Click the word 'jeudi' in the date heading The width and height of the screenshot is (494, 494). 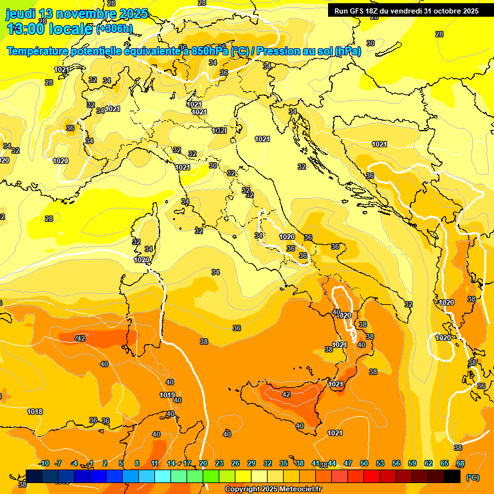(21, 14)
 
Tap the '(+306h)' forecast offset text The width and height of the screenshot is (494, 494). (114, 28)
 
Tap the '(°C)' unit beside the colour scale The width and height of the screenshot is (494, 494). (472, 477)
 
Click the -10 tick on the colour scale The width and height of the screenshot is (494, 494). (44, 463)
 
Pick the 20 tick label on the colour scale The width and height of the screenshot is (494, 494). (203, 463)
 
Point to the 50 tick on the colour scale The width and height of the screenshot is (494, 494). (364, 463)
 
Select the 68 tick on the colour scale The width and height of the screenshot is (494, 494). (461, 463)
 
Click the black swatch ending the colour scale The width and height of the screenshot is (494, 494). (452, 476)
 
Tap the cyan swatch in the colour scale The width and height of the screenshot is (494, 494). (163, 476)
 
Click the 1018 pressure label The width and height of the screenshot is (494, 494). (35, 412)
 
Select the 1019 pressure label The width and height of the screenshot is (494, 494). (167, 395)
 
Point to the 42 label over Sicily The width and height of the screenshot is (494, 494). (286, 394)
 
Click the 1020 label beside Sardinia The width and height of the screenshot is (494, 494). (142, 260)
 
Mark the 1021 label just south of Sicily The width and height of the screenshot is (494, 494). (334, 433)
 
